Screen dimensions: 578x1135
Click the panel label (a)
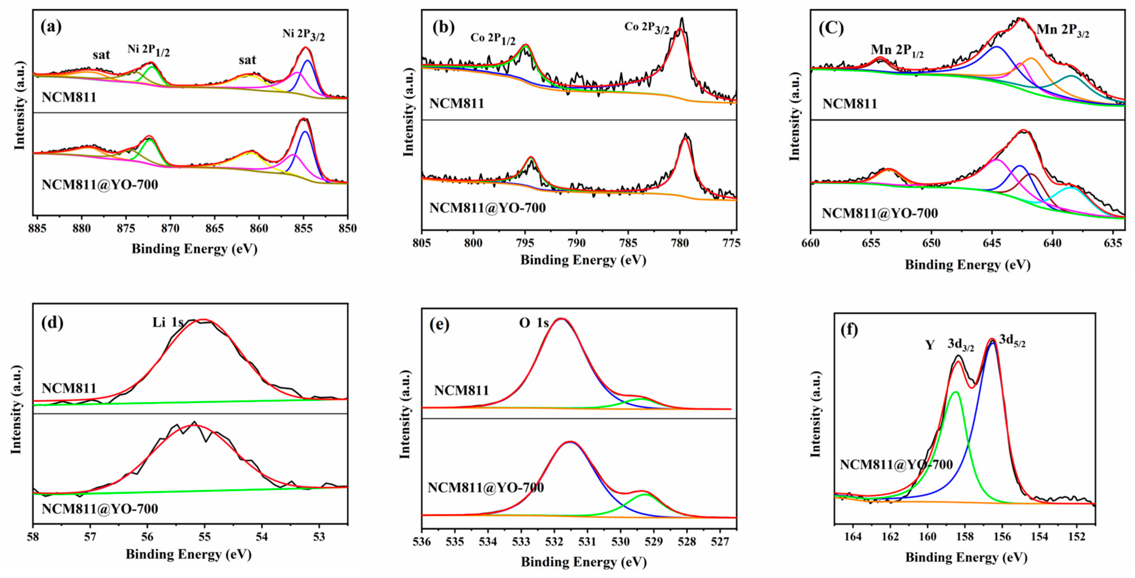51,27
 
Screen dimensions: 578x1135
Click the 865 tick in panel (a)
214,229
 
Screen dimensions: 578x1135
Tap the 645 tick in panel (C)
992,243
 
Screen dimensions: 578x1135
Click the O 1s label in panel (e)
534,323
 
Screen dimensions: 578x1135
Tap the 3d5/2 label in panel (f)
1012,341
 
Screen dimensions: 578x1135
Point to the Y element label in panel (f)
930,345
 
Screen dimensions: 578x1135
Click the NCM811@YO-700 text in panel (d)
99,509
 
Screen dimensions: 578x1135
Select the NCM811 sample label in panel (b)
456,103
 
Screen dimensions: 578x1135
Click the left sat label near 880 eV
101,55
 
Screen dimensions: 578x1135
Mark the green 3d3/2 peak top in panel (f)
955,392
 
